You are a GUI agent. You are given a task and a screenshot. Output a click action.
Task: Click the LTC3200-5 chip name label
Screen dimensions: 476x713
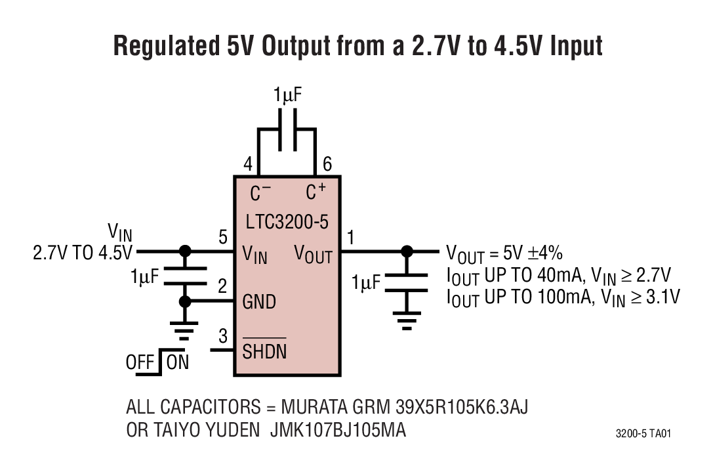tap(287, 221)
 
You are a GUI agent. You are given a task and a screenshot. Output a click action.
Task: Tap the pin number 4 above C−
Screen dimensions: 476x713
tap(248, 165)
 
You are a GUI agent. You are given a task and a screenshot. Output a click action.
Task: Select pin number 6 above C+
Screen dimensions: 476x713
tap(327, 165)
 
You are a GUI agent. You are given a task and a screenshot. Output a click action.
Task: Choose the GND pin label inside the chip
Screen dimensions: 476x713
tap(259, 302)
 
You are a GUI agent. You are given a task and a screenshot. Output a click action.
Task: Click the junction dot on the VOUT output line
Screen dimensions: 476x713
tap(407, 251)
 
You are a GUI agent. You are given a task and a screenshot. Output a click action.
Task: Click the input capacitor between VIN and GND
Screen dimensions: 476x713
tap(185, 276)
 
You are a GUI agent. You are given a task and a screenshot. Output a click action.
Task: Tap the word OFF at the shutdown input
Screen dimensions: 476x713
tap(140, 362)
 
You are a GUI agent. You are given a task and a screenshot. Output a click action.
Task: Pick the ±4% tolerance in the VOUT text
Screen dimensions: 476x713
tap(544, 253)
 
